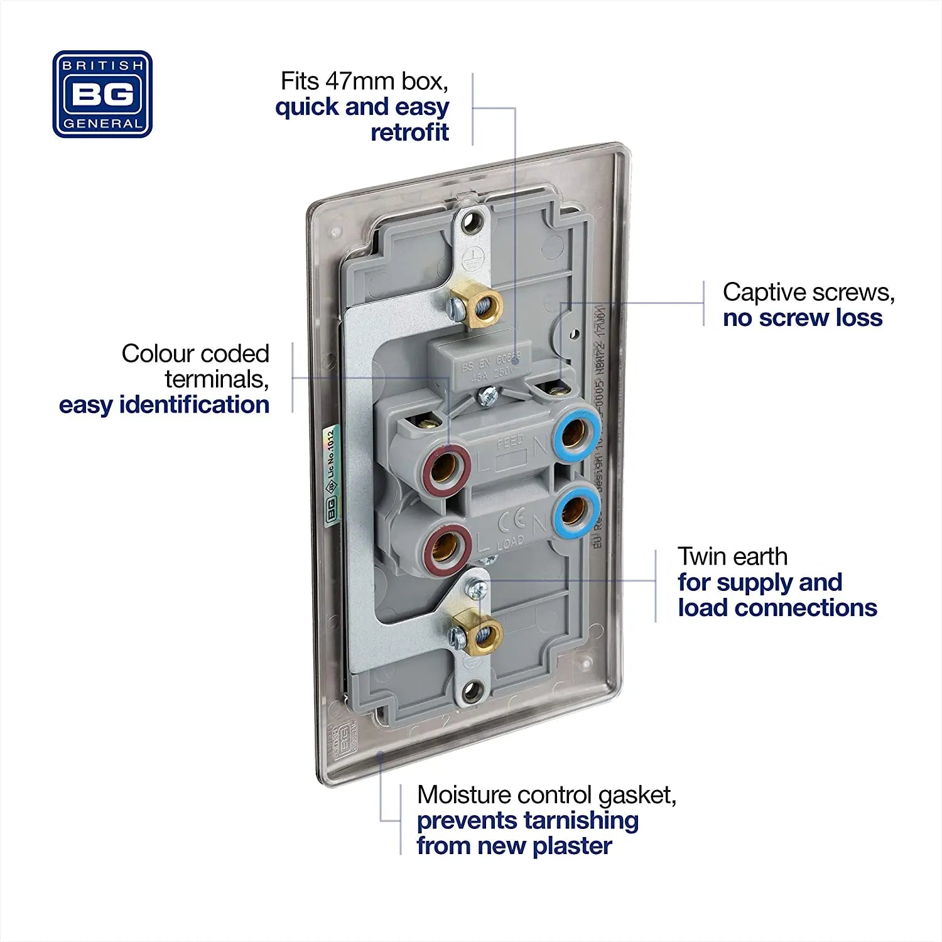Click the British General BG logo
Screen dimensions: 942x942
click(x=102, y=94)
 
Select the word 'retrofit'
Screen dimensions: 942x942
click(x=409, y=133)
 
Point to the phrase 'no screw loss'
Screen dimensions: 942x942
click(x=802, y=318)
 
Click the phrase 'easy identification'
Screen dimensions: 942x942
click(x=164, y=405)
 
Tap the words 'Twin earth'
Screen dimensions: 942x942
click(x=732, y=556)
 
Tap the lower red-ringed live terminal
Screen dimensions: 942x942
click(x=447, y=546)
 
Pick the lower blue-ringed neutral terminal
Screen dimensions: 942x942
click(x=575, y=510)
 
